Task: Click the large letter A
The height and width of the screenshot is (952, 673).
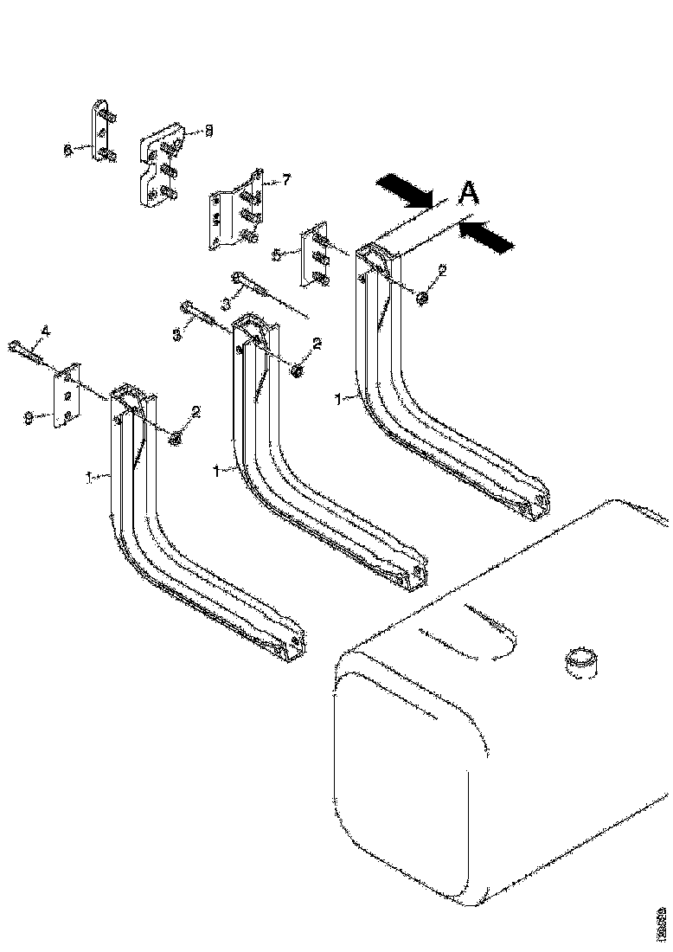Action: [467, 194]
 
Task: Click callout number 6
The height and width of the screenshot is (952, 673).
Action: [67, 149]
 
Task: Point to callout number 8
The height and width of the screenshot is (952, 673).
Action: [208, 131]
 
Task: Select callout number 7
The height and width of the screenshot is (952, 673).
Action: [286, 180]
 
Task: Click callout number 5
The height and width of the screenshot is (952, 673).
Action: [276, 254]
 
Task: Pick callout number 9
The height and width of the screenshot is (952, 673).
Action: [29, 417]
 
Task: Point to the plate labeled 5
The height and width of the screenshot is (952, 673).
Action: [314, 256]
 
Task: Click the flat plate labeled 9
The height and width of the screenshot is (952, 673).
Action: [66, 397]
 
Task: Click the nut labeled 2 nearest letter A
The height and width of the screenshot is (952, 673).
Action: [422, 298]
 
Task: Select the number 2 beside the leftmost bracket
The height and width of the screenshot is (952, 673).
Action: [196, 413]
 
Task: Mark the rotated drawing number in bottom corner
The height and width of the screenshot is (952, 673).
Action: [661, 923]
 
